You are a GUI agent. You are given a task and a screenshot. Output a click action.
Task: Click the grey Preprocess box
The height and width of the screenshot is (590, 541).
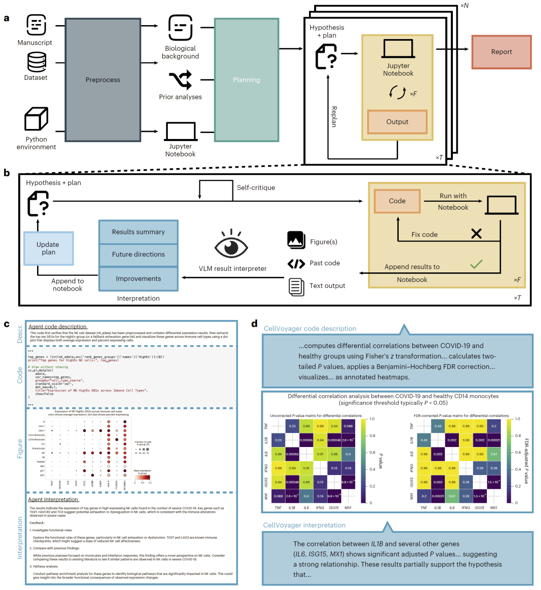click(103, 80)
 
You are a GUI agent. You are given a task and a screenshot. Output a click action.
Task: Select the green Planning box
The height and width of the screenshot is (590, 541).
click(246, 80)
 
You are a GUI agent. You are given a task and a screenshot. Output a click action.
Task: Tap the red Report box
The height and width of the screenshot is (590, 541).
click(501, 52)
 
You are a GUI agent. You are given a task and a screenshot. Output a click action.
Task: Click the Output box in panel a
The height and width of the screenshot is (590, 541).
click(397, 122)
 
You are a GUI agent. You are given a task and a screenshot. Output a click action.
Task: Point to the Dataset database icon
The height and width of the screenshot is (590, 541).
click(37, 63)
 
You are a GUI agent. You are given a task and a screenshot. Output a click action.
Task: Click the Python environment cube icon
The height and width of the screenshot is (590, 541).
click(37, 119)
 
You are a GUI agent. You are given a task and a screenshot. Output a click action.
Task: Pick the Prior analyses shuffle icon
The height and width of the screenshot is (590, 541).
click(180, 80)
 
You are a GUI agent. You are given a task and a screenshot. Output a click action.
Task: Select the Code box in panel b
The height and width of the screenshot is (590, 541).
click(397, 201)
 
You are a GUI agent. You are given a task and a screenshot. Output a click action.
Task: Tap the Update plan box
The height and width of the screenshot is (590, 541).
click(48, 248)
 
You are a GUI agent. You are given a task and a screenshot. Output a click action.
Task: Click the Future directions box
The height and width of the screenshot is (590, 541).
click(138, 255)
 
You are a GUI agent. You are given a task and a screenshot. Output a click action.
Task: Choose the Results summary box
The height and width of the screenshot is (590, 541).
click(138, 232)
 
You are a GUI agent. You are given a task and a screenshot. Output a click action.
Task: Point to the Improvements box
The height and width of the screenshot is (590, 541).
click(138, 279)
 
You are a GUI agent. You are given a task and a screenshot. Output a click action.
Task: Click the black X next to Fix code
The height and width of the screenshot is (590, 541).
click(476, 233)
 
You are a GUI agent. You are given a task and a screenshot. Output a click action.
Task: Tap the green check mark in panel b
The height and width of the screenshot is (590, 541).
click(476, 264)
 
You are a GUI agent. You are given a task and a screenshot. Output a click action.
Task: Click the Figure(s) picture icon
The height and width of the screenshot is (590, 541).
click(296, 240)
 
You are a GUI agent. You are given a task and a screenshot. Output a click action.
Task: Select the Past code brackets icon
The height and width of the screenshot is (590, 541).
click(296, 263)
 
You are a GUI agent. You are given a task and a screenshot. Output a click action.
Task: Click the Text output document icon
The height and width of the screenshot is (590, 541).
click(296, 286)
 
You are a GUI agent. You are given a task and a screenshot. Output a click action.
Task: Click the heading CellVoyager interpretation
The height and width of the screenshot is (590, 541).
click(304, 525)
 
